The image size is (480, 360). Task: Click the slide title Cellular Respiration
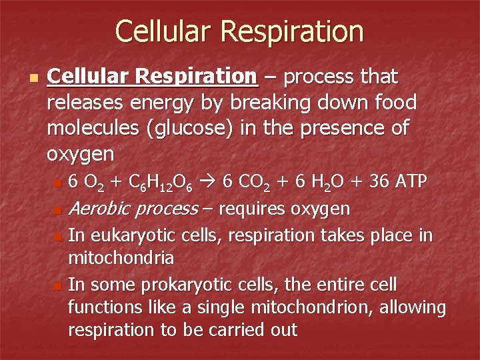(239, 31)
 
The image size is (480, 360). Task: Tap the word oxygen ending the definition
(81, 155)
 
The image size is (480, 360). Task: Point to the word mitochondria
(121, 257)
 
